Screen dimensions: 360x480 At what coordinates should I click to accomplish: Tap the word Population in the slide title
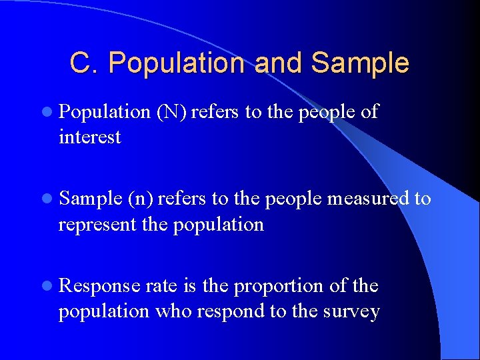[x=177, y=63]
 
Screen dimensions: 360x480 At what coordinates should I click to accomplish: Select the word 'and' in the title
[x=279, y=63]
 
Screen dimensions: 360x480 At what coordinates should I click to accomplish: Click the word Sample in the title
[x=360, y=63]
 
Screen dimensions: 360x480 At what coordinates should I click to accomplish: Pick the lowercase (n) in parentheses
[x=140, y=199]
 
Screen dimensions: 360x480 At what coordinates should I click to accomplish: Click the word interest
[x=90, y=137]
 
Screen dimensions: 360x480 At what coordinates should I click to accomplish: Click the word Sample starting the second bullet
[x=90, y=199]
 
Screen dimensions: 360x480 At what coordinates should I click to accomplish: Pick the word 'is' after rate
[x=189, y=286]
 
